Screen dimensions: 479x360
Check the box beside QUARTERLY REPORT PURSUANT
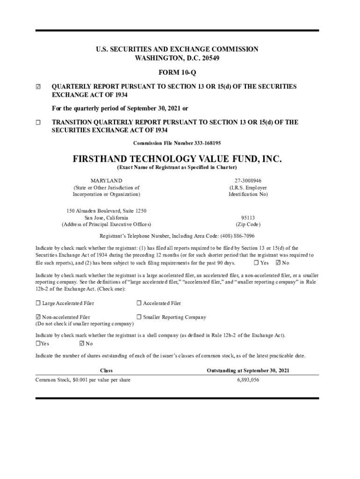38,87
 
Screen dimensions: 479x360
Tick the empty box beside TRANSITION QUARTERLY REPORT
38,123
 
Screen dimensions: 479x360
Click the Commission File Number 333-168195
177,143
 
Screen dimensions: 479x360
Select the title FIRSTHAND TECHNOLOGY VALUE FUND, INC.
177,159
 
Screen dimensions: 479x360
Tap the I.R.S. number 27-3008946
248,181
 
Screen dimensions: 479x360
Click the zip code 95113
248,218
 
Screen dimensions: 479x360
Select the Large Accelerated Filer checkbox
38,304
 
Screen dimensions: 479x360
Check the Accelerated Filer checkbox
139,304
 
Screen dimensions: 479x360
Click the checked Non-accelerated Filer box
38,317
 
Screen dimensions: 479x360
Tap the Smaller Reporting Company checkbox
139,317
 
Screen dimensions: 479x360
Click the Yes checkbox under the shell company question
38,344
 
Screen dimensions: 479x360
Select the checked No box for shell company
82,344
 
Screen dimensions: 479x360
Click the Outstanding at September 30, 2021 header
248,370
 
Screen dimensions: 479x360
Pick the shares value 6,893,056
248,380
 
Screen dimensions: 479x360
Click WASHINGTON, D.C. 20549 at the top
177,58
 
